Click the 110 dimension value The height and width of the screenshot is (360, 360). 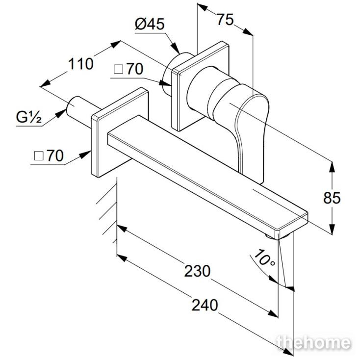pyautogui.click(x=81, y=64)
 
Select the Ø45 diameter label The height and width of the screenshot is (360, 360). pyautogui.click(x=150, y=24)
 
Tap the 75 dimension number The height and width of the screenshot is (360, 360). pyautogui.click(x=226, y=20)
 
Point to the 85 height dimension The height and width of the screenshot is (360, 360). pyautogui.click(x=332, y=198)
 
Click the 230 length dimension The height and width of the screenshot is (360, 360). pyautogui.click(x=197, y=271)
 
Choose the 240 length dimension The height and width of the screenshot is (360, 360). pyautogui.click(x=205, y=305)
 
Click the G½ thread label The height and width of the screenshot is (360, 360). pyautogui.click(x=29, y=117)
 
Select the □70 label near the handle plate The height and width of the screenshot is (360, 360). pyautogui.click(x=129, y=69)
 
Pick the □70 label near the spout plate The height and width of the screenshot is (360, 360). pyautogui.click(x=49, y=155)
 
